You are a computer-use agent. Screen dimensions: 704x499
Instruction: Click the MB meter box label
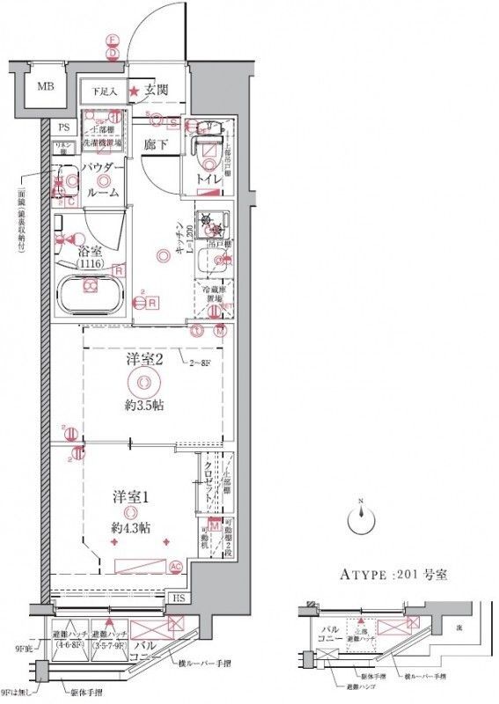(42, 87)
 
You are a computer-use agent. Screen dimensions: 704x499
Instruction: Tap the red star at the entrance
(134, 91)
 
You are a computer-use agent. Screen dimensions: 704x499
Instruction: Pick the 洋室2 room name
(144, 359)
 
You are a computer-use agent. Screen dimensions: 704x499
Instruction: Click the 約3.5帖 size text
(144, 406)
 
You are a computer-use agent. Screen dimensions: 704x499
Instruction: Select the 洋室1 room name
(130, 495)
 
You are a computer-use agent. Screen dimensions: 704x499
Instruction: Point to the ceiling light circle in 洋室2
(143, 383)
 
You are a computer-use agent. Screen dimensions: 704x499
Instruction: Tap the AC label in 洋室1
(175, 566)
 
